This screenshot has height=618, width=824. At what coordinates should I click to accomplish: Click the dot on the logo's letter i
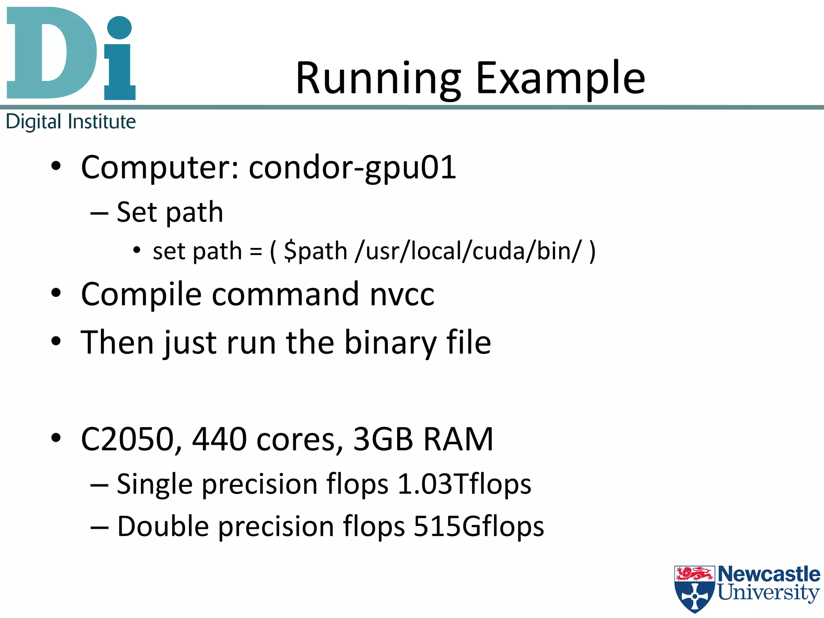coord(119,28)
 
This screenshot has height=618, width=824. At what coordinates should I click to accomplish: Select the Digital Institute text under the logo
coord(71,122)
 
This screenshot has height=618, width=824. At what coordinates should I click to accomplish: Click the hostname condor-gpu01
coord(352,167)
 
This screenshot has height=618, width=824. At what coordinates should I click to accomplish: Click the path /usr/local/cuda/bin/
coord(468,251)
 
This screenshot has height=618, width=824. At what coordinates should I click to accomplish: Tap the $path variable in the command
coord(315,251)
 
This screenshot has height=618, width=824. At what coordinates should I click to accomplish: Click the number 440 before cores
coord(219,439)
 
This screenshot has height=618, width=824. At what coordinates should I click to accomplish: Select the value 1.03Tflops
coord(464,484)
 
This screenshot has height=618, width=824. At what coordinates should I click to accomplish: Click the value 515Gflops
coord(479,527)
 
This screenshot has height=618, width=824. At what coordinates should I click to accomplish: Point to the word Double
coord(163,527)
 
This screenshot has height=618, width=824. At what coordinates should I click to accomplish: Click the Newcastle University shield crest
coord(694,588)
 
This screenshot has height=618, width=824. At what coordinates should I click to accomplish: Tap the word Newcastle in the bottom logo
coord(769,574)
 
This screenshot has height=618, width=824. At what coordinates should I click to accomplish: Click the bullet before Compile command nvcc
coord(56,293)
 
